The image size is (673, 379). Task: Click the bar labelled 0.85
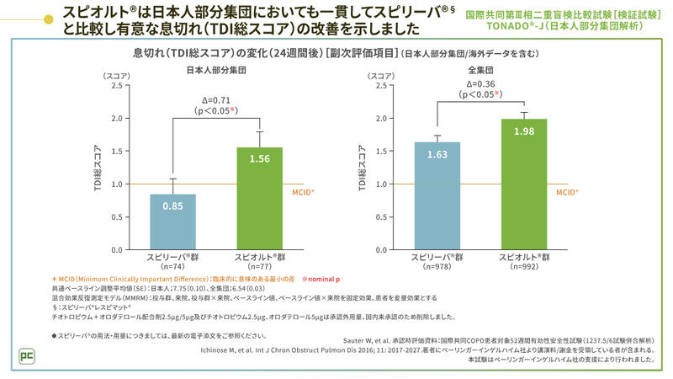[x=172, y=222]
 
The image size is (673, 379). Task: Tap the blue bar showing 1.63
[x=437, y=196]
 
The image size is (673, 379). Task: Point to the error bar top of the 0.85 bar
[x=172, y=179]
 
